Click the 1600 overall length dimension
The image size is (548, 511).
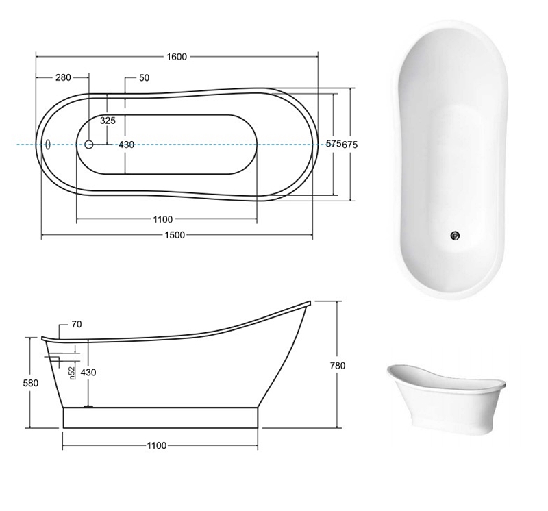click(177, 57)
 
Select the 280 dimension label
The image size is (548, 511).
click(63, 77)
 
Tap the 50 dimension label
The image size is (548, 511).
click(144, 77)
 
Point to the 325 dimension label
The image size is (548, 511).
click(108, 121)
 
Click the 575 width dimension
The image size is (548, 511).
click(334, 144)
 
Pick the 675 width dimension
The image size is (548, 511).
click(350, 145)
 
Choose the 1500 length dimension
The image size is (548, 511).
click(175, 235)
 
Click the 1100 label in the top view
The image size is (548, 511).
click(163, 219)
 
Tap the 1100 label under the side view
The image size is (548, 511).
click(157, 445)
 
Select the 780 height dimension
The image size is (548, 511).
click(338, 366)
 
